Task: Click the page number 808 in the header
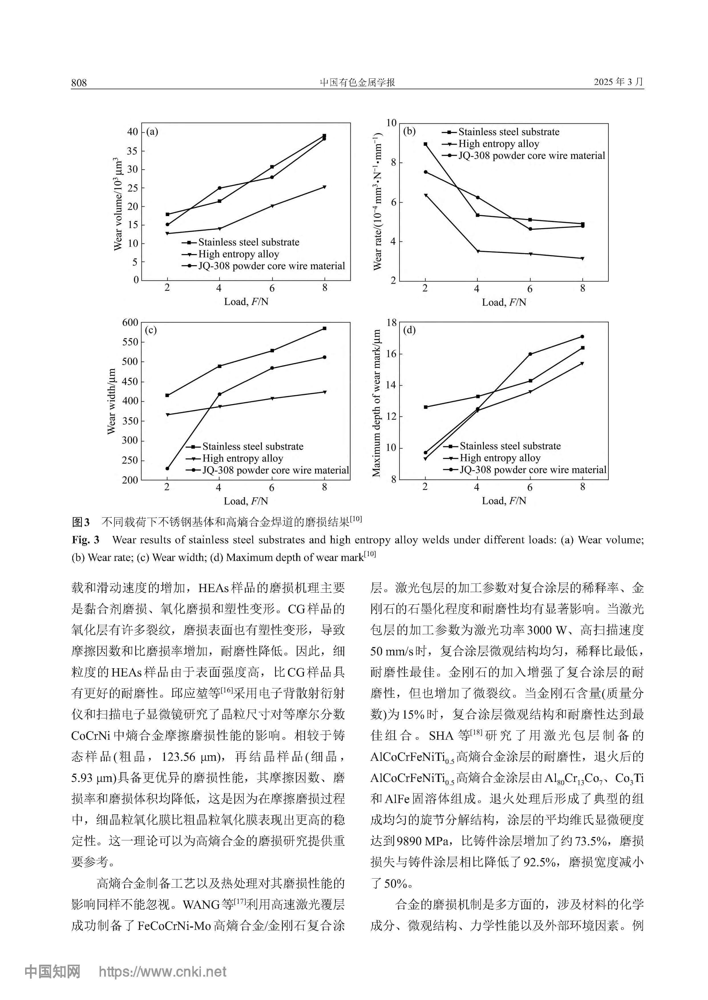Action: coord(79,83)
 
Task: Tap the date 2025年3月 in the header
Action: coord(618,82)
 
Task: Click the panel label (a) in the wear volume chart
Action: coord(152,131)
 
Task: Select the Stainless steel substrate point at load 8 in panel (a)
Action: coord(324,135)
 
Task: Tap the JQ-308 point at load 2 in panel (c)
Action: coord(167,469)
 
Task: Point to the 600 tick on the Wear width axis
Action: coord(130,323)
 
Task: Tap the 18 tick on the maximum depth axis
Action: coord(392,323)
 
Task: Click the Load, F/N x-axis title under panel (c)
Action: coord(246,501)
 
